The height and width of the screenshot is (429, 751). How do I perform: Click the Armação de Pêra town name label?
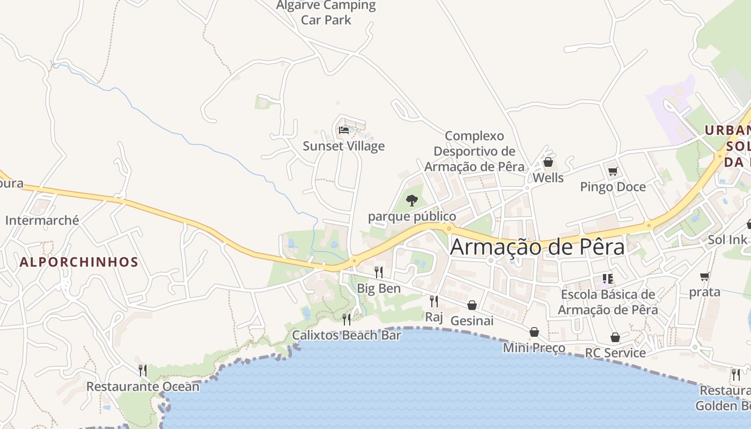(x=538, y=247)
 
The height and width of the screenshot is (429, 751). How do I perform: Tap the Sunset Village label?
(x=343, y=146)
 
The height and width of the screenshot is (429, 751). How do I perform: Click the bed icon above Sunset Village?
(x=344, y=130)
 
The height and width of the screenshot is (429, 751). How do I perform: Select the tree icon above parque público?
(x=411, y=201)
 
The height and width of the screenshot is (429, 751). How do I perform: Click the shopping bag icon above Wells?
(x=548, y=161)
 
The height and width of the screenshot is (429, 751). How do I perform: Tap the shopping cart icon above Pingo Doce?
(x=613, y=171)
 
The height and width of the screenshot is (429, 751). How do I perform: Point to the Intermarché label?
(x=42, y=220)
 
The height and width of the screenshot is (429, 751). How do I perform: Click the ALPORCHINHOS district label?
(x=79, y=262)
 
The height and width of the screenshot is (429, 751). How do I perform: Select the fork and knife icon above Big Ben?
(x=378, y=272)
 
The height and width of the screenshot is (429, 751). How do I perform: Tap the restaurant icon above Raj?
(x=433, y=301)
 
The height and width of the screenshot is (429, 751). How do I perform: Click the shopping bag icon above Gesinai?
(x=472, y=305)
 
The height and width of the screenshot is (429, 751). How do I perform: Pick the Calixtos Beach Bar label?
(x=347, y=336)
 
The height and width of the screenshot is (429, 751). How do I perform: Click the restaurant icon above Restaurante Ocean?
(x=142, y=370)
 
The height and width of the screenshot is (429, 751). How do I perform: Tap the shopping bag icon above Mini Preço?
(x=534, y=332)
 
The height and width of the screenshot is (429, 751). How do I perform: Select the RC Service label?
(x=615, y=353)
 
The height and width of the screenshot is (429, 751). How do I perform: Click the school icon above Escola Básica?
(x=607, y=278)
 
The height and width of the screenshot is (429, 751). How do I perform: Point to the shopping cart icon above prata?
(x=704, y=276)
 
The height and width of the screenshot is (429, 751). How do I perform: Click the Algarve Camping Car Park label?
(x=326, y=13)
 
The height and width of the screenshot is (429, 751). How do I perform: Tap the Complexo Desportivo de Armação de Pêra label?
(x=474, y=151)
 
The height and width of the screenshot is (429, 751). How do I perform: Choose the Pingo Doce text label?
(x=613, y=187)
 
